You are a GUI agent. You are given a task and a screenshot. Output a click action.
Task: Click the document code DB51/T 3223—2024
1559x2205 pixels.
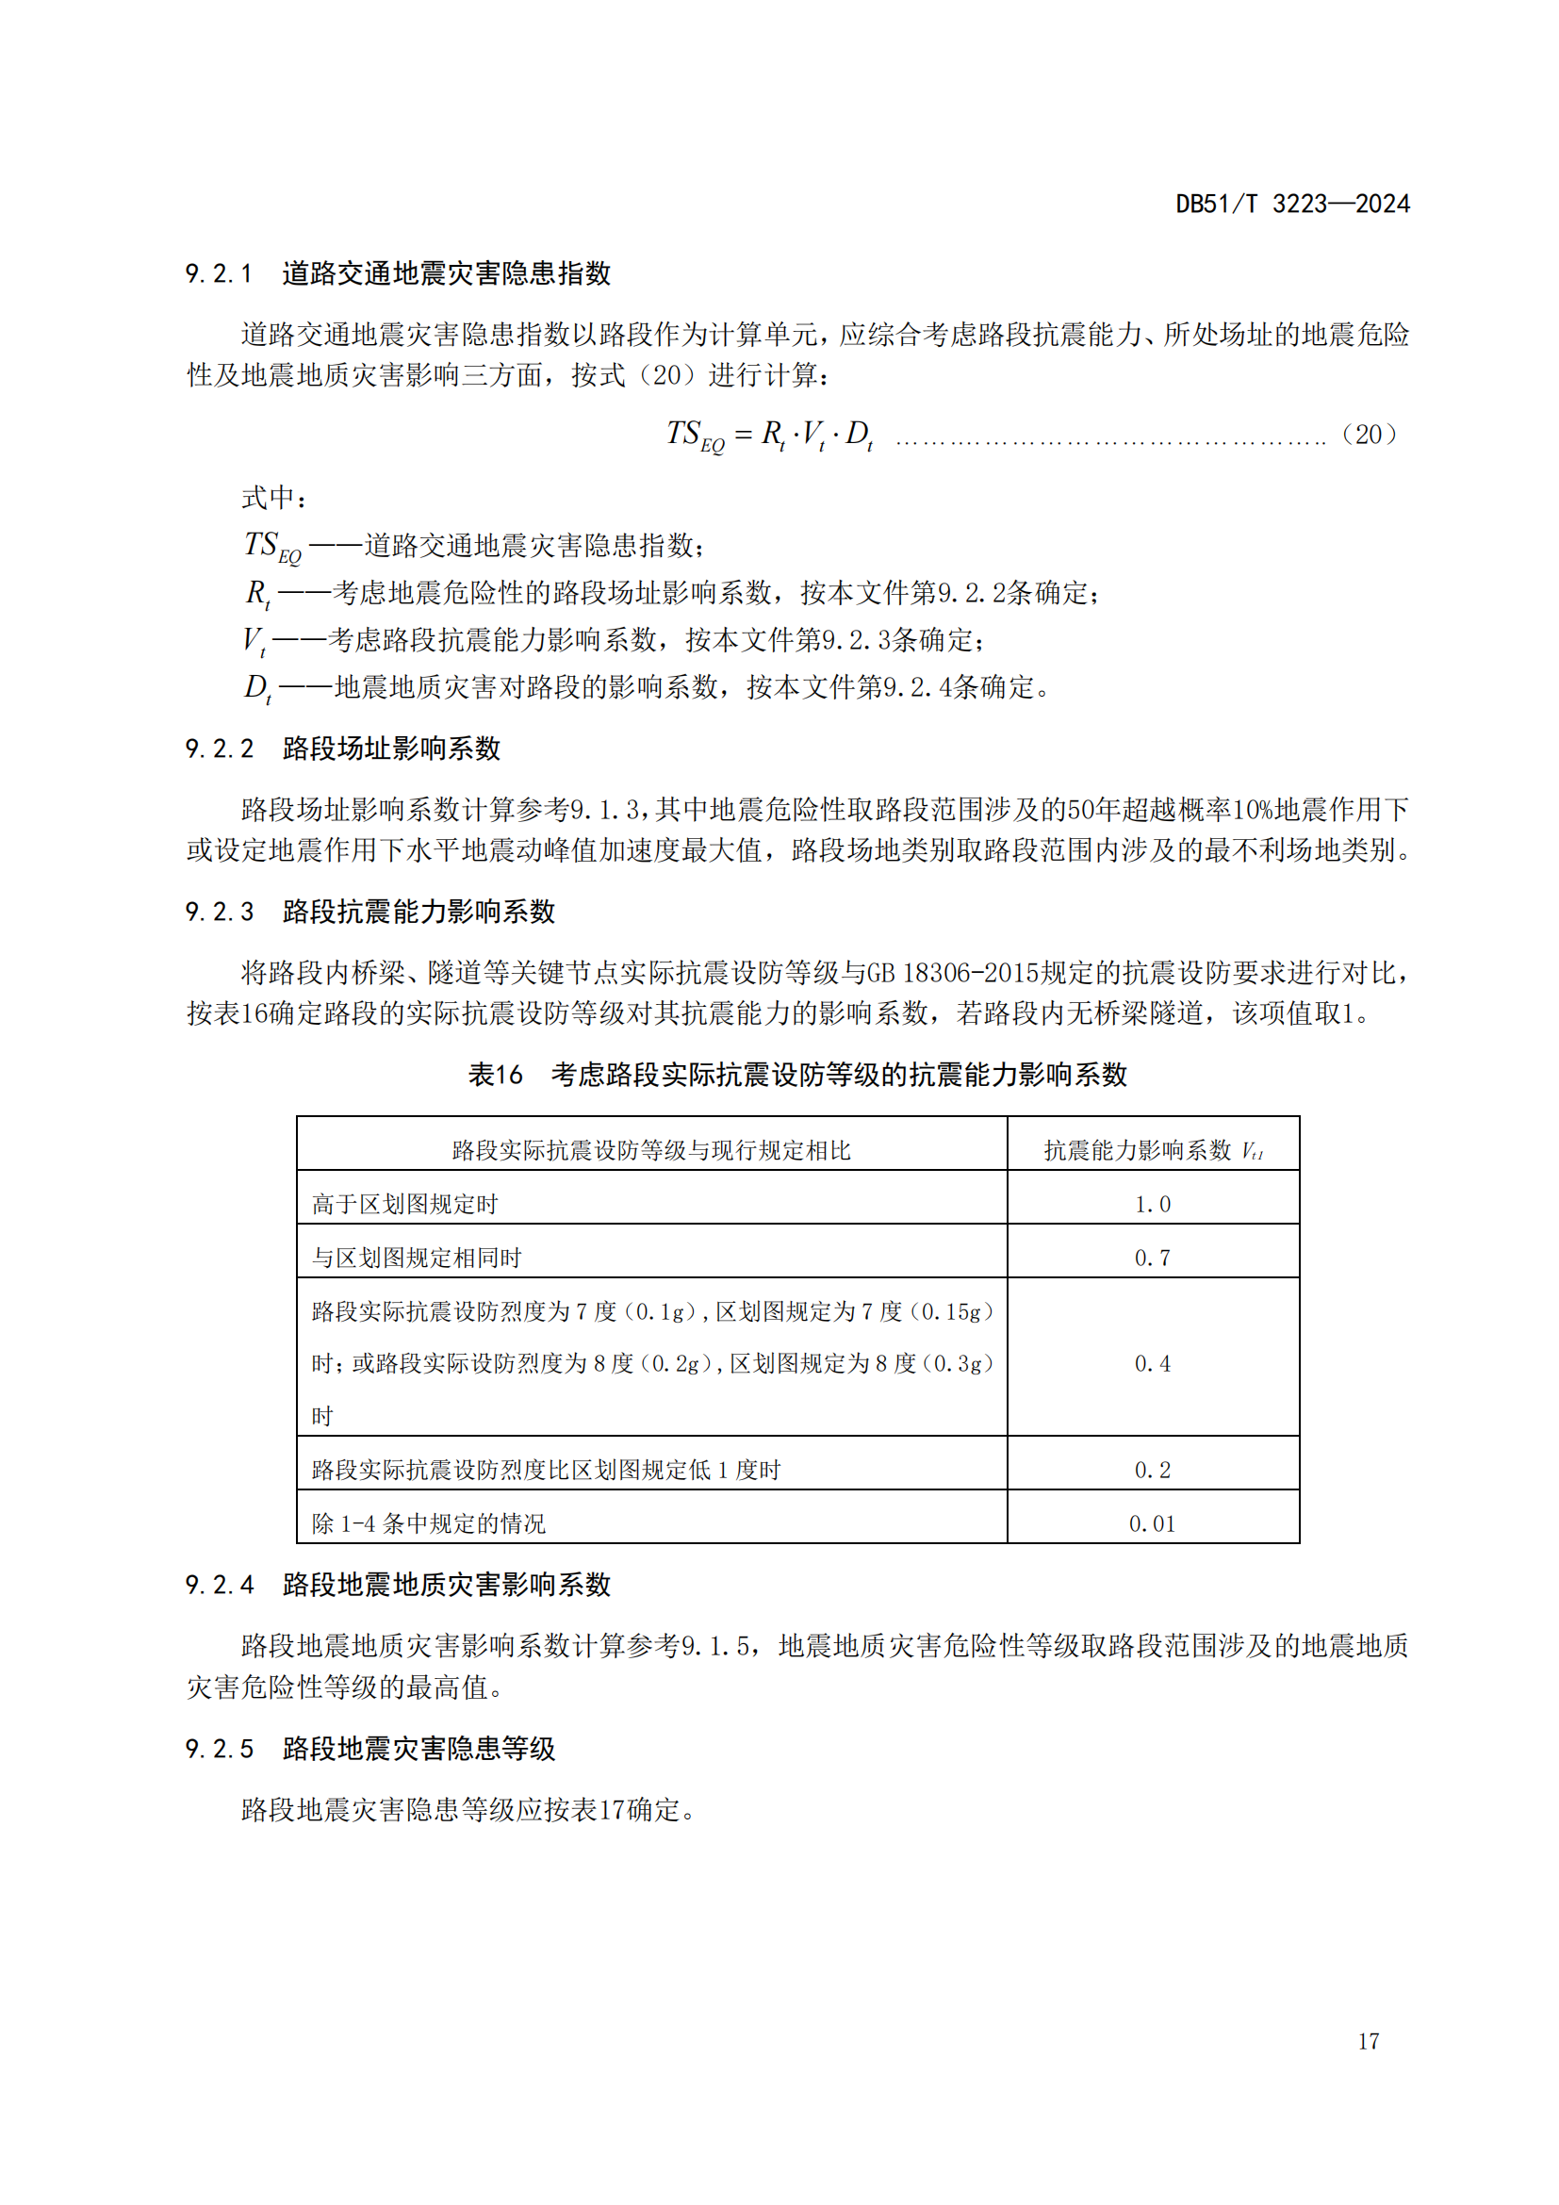pyautogui.click(x=1292, y=204)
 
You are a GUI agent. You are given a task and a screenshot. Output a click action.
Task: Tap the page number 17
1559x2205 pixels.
pyautogui.click(x=1369, y=2041)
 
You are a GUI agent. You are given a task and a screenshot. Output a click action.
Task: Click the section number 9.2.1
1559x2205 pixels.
pyautogui.click(x=219, y=273)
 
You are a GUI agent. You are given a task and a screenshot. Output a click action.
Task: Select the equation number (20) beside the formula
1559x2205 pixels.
pyautogui.click(x=1369, y=434)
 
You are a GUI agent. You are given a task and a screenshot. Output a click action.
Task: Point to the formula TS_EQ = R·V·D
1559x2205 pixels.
pyautogui.click(x=770, y=435)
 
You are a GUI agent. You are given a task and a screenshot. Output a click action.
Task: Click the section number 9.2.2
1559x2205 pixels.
pyautogui.click(x=219, y=749)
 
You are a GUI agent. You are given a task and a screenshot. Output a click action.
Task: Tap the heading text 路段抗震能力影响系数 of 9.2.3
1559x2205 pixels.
pyautogui.click(x=418, y=912)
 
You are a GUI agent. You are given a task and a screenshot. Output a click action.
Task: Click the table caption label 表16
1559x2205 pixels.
pyautogui.click(x=496, y=1075)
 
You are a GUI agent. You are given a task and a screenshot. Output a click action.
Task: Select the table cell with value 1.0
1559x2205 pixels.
pyautogui.click(x=1152, y=1204)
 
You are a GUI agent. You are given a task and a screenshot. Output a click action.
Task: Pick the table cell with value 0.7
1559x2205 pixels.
pyautogui.click(x=1152, y=1259)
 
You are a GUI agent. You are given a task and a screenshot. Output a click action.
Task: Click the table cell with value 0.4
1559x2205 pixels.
pyautogui.click(x=1152, y=1364)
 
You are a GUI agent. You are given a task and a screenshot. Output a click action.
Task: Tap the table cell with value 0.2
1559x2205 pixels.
pyautogui.click(x=1152, y=1471)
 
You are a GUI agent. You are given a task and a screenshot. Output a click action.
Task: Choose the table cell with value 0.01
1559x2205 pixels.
pyautogui.click(x=1152, y=1524)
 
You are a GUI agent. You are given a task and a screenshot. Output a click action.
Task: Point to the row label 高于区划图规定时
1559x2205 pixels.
pyautogui.click(x=405, y=1204)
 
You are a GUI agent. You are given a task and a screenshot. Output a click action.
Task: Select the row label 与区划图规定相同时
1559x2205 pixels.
pyautogui.click(x=417, y=1259)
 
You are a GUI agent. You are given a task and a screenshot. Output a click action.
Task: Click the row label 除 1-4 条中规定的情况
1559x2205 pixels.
pyautogui.click(x=428, y=1524)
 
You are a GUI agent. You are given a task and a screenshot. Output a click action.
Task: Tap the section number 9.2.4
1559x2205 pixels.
pyautogui.click(x=219, y=1586)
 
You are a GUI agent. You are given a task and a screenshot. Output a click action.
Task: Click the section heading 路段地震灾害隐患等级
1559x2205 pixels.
pyautogui.click(x=418, y=1749)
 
